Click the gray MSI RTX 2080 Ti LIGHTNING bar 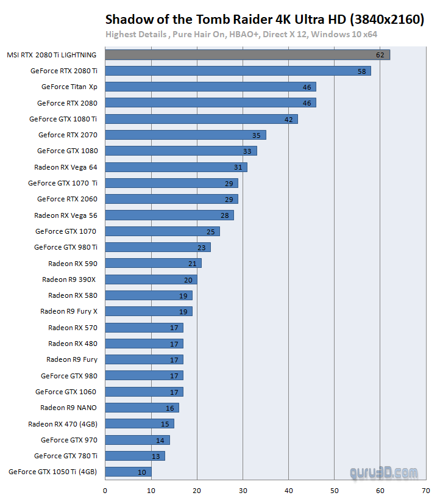(247, 55)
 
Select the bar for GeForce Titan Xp (210, 87)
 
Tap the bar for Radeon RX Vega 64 (176, 167)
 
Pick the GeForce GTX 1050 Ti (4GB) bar (128, 472)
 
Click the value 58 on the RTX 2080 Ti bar (362, 71)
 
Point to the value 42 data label (289, 119)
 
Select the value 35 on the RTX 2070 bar (257, 135)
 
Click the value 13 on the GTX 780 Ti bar (156, 456)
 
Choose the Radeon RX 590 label (73, 263)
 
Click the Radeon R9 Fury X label (69, 311)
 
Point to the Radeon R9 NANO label (69, 408)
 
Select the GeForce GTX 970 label (69, 439)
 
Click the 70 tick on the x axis (426, 489)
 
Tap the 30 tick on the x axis (243, 489)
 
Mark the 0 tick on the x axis (105, 489)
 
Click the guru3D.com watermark (384, 472)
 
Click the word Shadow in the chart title (126, 20)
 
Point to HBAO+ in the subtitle (243, 34)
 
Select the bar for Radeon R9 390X (151, 279)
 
